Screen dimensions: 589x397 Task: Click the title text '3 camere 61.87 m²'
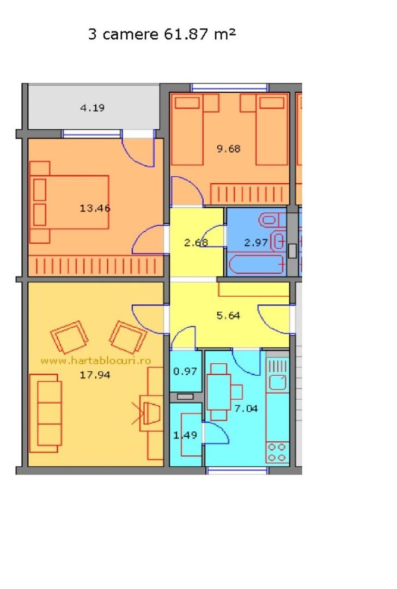[x=162, y=34]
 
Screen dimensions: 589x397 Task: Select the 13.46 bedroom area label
[x=92, y=208]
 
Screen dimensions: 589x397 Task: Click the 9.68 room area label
[x=228, y=148]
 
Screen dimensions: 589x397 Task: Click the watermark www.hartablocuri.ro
[x=96, y=360]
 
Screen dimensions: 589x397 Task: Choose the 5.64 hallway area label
[x=228, y=315]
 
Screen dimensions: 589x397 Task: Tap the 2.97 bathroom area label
[x=255, y=243]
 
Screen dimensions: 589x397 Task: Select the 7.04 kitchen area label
[x=246, y=408]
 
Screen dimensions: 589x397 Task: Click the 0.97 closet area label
[x=185, y=371]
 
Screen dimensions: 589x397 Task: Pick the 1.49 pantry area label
[x=183, y=435]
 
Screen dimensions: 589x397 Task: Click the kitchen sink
[x=278, y=382]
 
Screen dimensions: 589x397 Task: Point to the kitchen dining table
[x=219, y=392]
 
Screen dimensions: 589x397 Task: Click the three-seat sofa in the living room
[x=45, y=413]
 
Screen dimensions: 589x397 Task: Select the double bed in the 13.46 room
[x=70, y=202]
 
